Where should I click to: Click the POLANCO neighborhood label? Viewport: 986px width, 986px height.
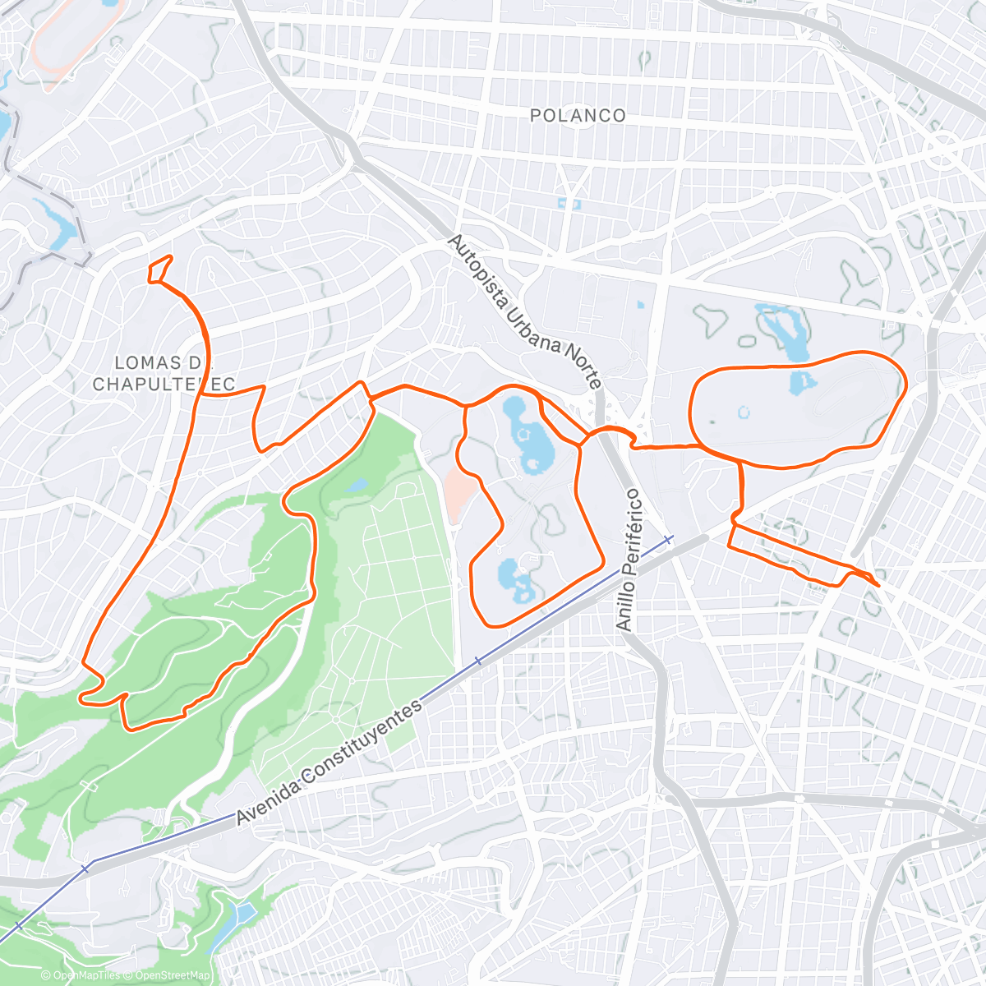pyautogui.click(x=578, y=116)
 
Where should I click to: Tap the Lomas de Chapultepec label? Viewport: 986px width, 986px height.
pyautogui.click(x=164, y=373)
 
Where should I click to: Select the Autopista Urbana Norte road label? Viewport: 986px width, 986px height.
pyautogui.click(x=526, y=311)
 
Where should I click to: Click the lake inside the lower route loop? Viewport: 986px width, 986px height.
pyautogui.click(x=516, y=578)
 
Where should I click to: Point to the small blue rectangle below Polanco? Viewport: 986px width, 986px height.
pyautogui.click(x=569, y=202)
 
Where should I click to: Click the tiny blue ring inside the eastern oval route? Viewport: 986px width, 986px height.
pyautogui.click(x=744, y=412)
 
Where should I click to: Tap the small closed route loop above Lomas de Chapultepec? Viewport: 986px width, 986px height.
pyautogui.click(x=159, y=269)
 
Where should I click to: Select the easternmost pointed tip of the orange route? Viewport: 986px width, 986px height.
pyautogui.click(x=878, y=585)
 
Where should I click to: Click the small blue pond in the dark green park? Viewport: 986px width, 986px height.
pyautogui.click(x=357, y=486)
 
